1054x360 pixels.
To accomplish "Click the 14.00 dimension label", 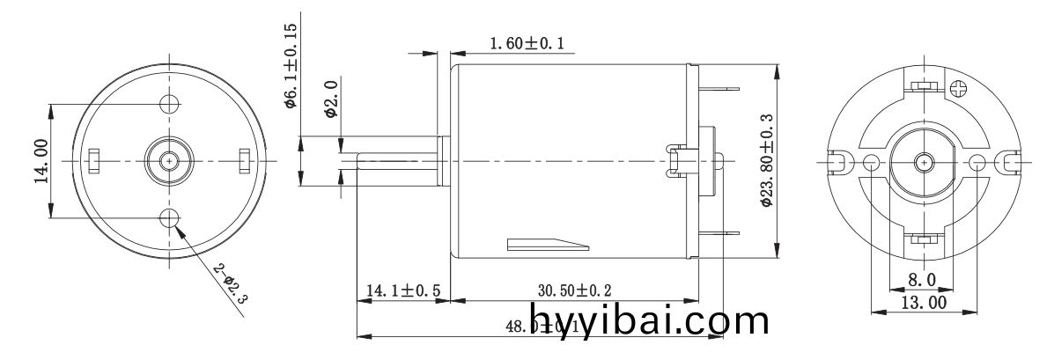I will [x=41, y=160].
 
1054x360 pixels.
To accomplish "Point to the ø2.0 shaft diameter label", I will [x=330, y=99].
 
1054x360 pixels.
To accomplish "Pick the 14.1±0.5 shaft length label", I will [x=404, y=290].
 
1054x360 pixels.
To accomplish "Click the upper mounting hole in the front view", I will [x=169, y=103].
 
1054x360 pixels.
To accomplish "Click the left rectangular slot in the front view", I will [x=94, y=160].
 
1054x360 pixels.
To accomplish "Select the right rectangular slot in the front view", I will [x=245, y=160].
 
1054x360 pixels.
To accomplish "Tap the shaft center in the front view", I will [x=169, y=160].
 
